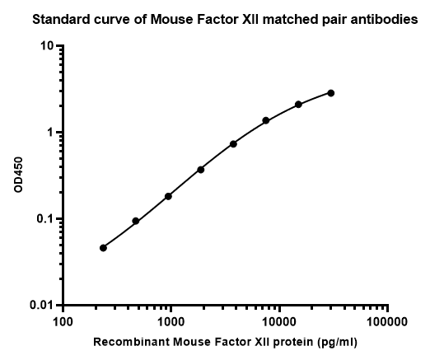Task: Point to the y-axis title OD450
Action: (19, 175)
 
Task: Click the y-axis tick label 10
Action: (47, 46)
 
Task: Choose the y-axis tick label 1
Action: (51, 133)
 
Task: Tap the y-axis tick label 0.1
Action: (44, 219)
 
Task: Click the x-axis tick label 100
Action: (63, 320)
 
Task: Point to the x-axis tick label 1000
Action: (171, 320)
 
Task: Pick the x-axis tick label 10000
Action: (279, 320)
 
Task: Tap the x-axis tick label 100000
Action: (387, 320)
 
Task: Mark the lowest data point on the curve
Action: (103, 248)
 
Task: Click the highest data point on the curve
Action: (331, 93)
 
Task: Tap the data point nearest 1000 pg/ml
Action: (168, 196)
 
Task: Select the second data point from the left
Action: (135, 222)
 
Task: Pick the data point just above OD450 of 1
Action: (266, 120)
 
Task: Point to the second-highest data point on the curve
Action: (298, 105)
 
